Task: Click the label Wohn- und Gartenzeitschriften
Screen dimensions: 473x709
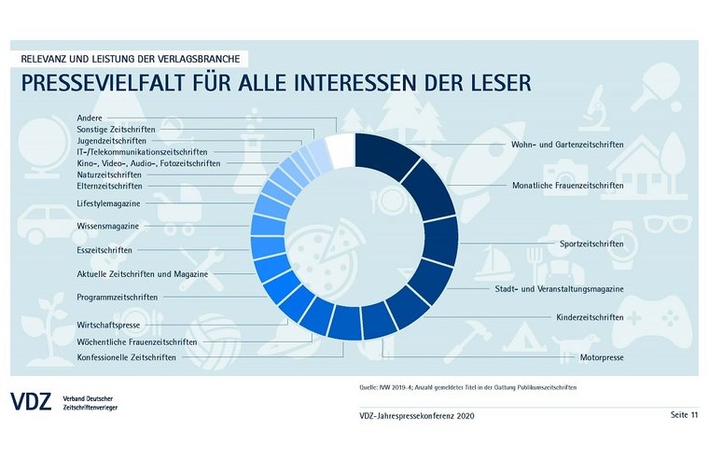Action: pos(567,145)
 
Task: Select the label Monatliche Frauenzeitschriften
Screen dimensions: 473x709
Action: pos(567,185)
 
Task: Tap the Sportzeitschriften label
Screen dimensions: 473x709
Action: pos(591,243)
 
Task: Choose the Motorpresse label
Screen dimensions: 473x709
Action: pos(601,357)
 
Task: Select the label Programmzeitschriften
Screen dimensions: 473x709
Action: pos(117,297)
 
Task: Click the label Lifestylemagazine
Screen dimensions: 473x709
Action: pos(108,202)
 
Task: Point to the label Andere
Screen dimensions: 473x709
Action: pos(90,118)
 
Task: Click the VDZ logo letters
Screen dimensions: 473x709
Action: pos(33,402)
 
